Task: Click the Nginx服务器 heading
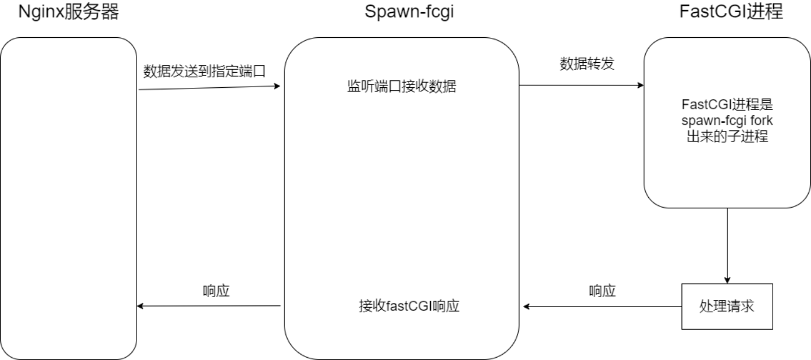tap(69, 12)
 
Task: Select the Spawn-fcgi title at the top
tap(409, 12)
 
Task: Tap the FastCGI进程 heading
tap(731, 12)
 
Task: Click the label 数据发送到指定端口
tap(204, 72)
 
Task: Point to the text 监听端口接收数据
tap(402, 87)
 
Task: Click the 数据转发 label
tap(587, 64)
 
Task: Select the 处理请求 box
tap(727, 306)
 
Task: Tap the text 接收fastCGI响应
tap(409, 306)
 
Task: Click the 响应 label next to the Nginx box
tap(216, 291)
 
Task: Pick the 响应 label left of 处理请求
tap(602, 291)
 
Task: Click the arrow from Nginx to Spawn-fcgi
tap(209, 88)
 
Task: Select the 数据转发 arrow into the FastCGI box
tap(581, 85)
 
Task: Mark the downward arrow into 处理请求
tap(727, 244)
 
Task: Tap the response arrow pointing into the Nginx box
tap(209, 306)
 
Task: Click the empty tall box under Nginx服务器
tap(69, 198)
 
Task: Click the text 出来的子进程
tap(730, 137)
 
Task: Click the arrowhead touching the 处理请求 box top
tap(727, 279)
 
